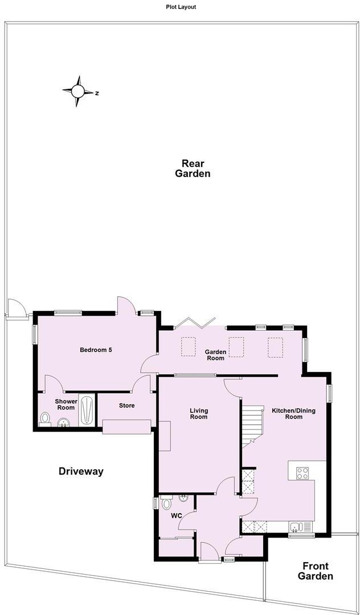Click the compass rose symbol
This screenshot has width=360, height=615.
(78, 91)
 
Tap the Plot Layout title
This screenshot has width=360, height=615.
(180, 7)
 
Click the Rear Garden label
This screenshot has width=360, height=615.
(193, 168)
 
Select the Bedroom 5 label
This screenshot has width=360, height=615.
(95, 350)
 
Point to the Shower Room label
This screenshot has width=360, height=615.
(66, 404)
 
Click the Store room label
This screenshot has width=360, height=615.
(126, 405)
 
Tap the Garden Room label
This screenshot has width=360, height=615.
(215, 355)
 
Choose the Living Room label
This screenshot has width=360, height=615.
(199, 413)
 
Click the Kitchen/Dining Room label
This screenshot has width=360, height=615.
(293, 413)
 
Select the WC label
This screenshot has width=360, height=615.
(177, 516)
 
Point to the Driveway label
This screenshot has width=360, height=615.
(81, 471)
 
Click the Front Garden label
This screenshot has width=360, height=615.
(317, 571)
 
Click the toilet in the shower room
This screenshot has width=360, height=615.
(46, 419)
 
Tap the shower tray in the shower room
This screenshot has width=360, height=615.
(87, 409)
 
